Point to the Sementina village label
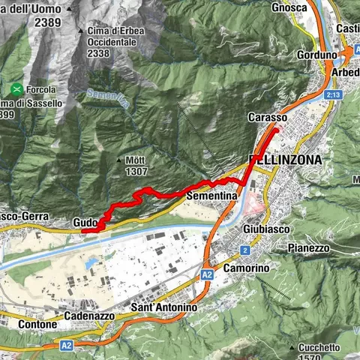211,195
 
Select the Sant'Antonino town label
163,308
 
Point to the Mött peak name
135,160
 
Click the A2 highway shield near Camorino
206,276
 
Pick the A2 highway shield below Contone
67,346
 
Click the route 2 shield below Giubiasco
244,250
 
